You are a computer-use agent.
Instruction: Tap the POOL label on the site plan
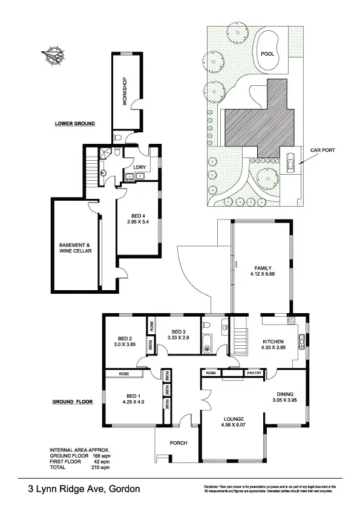(x=267, y=54)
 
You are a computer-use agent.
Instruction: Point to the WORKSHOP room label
(x=125, y=91)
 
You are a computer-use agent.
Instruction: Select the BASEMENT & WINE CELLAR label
(x=75, y=248)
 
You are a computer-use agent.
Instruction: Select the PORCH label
(x=178, y=443)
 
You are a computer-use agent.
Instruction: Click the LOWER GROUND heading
(x=75, y=123)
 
